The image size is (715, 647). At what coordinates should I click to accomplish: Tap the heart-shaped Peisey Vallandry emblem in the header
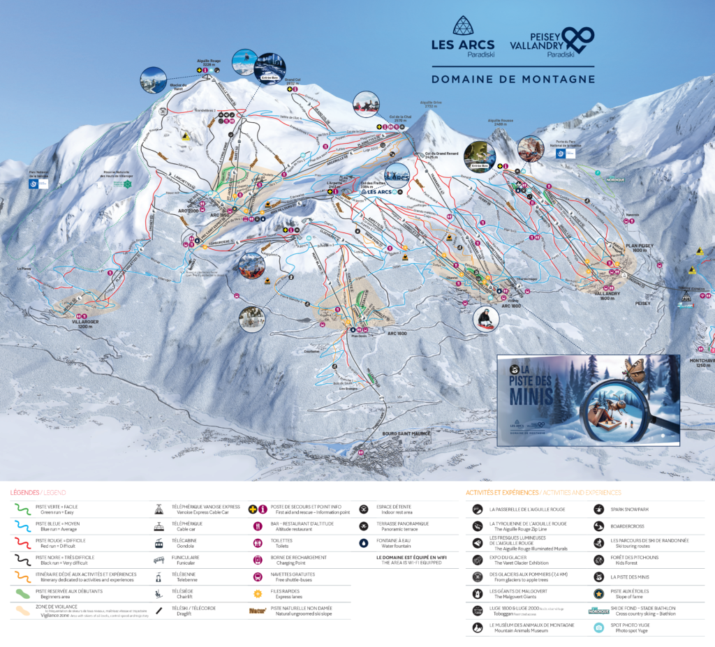[579, 36]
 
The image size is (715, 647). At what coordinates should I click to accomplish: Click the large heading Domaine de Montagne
[513, 79]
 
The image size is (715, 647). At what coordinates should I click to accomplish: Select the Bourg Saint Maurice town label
[406, 433]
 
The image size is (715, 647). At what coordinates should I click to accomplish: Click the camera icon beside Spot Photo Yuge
[598, 627]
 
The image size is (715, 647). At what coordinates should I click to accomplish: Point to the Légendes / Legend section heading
[38, 492]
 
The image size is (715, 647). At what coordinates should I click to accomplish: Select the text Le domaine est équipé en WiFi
[411, 557]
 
